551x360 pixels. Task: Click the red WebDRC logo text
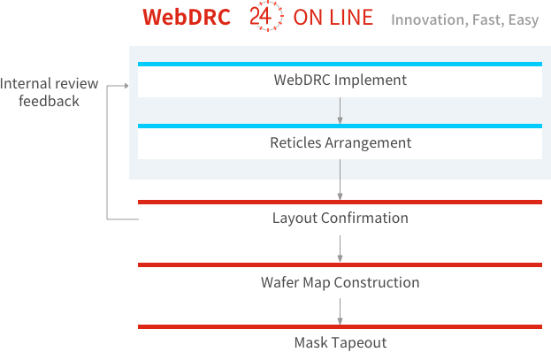pyautogui.click(x=187, y=17)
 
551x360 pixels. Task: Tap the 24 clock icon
pyautogui.click(x=266, y=16)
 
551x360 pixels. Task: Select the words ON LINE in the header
pyautogui.click(x=333, y=17)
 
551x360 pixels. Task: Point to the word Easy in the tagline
pyautogui.click(x=524, y=20)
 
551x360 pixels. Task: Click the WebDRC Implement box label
pyautogui.click(x=341, y=80)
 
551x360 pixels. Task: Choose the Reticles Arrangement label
pyautogui.click(x=341, y=142)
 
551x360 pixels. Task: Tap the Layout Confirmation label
pyautogui.click(x=341, y=218)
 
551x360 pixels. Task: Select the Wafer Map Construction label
pyautogui.click(x=341, y=282)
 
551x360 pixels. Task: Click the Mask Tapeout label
pyautogui.click(x=341, y=342)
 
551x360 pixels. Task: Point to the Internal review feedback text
pyautogui.click(x=50, y=92)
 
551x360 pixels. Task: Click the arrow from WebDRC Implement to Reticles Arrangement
pyautogui.click(x=340, y=111)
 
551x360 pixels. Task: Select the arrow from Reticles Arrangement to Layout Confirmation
pyautogui.click(x=340, y=180)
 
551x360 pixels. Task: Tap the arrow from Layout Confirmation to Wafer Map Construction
pyautogui.click(x=340, y=249)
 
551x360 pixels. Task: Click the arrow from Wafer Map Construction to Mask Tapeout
pyautogui.click(x=340, y=311)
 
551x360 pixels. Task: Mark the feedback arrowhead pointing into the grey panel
pyautogui.click(x=126, y=86)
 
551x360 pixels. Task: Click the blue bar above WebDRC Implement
pyautogui.click(x=340, y=64)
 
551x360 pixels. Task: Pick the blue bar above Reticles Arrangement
pyautogui.click(x=340, y=126)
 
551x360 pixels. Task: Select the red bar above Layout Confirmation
pyautogui.click(x=340, y=203)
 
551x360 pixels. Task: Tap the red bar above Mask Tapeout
pyautogui.click(x=340, y=327)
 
